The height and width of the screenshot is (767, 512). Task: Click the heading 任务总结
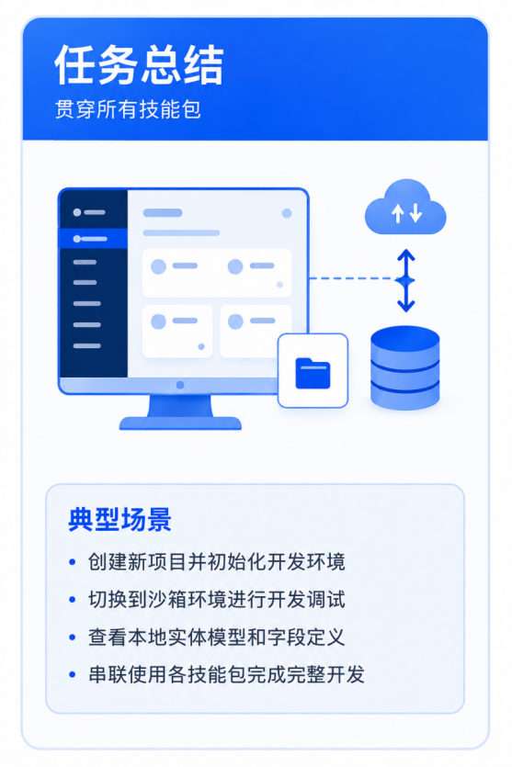coord(139,65)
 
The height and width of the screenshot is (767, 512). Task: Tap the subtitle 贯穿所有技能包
coord(128,109)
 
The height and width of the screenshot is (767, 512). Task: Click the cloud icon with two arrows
coord(405,207)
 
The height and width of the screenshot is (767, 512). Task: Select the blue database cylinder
coord(404,367)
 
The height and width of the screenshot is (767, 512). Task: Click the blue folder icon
coord(313,373)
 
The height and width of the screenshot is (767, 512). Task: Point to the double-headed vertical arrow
coord(405,281)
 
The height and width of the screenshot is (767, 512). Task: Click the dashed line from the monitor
coord(353,278)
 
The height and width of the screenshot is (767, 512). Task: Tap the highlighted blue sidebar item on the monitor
coord(93,239)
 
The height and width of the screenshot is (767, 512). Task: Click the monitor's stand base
coord(180,423)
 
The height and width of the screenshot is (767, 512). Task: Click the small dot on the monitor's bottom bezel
coord(180,385)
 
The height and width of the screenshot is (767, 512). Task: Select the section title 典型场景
coord(119,520)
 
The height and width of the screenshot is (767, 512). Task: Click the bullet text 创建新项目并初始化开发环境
coord(216,562)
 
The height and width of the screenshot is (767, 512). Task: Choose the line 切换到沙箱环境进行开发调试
coord(216,600)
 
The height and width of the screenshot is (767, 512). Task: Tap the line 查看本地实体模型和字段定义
coord(216,637)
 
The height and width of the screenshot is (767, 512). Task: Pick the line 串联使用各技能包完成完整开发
coord(226,674)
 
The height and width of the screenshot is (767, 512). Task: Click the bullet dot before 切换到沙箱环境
coord(73,600)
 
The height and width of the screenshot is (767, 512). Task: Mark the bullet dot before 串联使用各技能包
coord(73,675)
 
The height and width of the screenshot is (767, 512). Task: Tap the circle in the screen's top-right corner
coord(287,213)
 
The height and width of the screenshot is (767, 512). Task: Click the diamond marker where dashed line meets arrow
coord(405,281)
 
